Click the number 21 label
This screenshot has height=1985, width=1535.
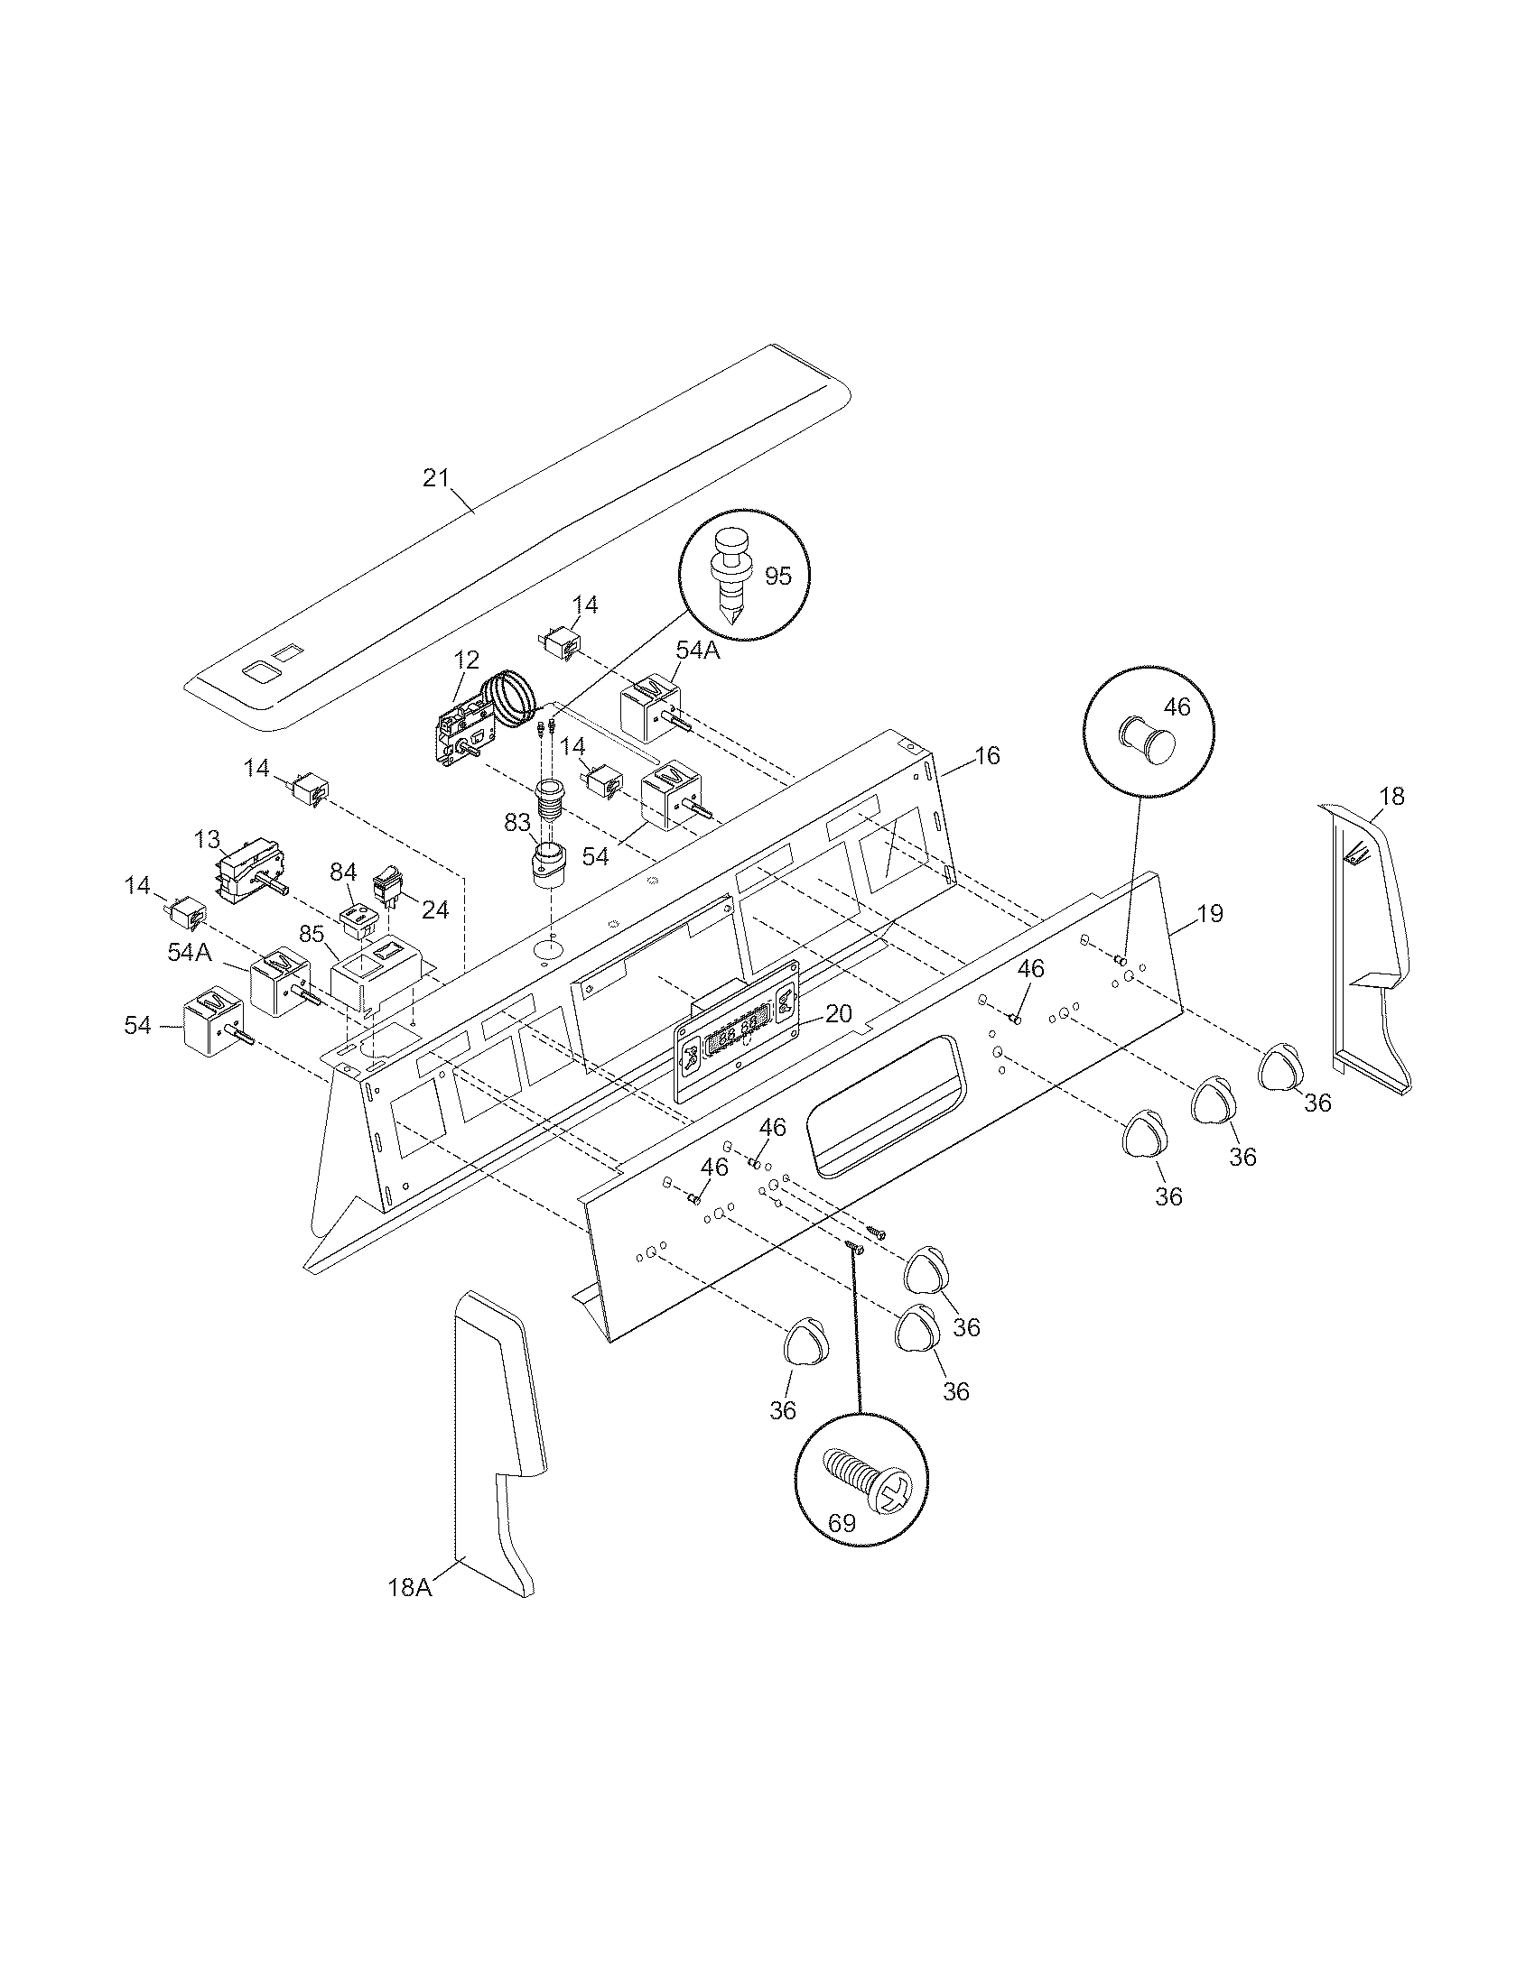[435, 477]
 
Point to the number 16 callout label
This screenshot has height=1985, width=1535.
[987, 755]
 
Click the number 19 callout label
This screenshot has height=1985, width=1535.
[1209, 913]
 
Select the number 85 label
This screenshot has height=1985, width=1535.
[312, 934]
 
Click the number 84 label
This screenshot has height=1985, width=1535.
[342, 872]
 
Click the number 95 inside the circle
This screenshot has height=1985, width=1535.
[778, 576]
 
